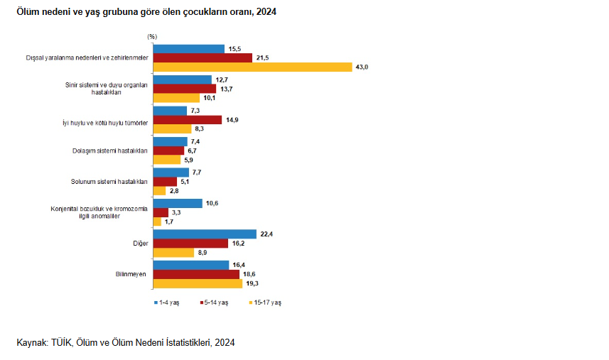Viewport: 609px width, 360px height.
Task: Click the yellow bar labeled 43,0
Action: coord(252,67)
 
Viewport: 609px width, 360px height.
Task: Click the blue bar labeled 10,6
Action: coord(178,203)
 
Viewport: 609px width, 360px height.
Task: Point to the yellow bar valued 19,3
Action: coord(198,283)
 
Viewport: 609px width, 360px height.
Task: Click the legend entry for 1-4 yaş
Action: coord(168,302)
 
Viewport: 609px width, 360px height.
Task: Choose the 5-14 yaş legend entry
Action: coord(215,302)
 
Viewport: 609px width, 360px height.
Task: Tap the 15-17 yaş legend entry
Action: coord(265,302)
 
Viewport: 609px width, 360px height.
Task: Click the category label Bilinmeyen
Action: coord(131,273)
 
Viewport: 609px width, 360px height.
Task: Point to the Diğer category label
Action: coord(140,243)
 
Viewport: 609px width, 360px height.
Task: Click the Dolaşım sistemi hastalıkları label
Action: coord(109,151)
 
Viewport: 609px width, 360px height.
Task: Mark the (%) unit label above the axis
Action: coord(152,36)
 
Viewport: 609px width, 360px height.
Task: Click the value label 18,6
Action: coord(250,273)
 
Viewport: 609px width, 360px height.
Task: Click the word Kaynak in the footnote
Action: coord(32,343)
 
